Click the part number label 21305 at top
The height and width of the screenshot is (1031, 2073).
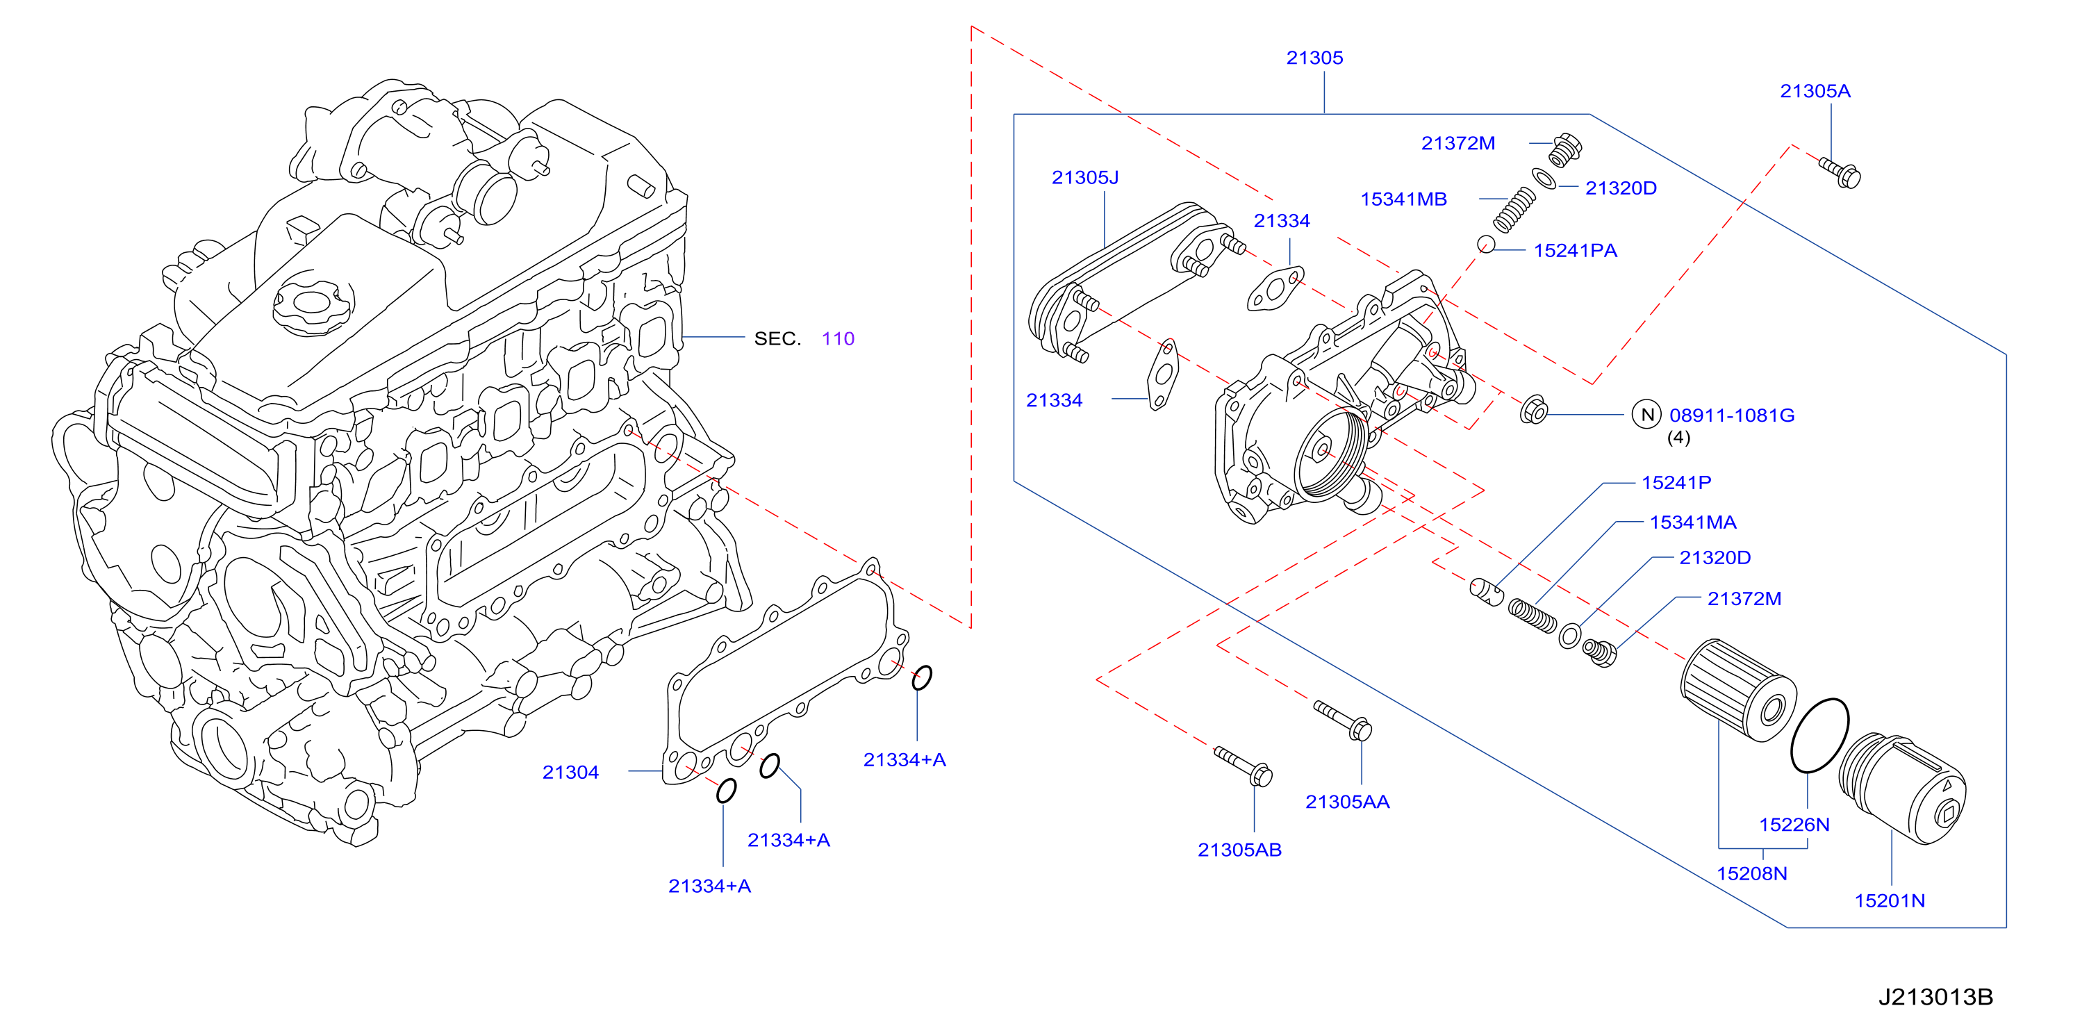pyautogui.click(x=1314, y=58)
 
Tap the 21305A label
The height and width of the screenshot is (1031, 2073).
pyautogui.click(x=1815, y=91)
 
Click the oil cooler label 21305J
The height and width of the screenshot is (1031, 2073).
pyautogui.click(x=1085, y=177)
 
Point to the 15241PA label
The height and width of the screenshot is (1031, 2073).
pyautogui.click(x=1575, y=250)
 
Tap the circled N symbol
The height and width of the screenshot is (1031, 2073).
pyautogui.click(x=1647, y=415)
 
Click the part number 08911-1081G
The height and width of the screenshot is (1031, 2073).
pyautogui.click(x=1732, y=415)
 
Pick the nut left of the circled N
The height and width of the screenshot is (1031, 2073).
pyautogui.click(x=1534, y=410)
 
